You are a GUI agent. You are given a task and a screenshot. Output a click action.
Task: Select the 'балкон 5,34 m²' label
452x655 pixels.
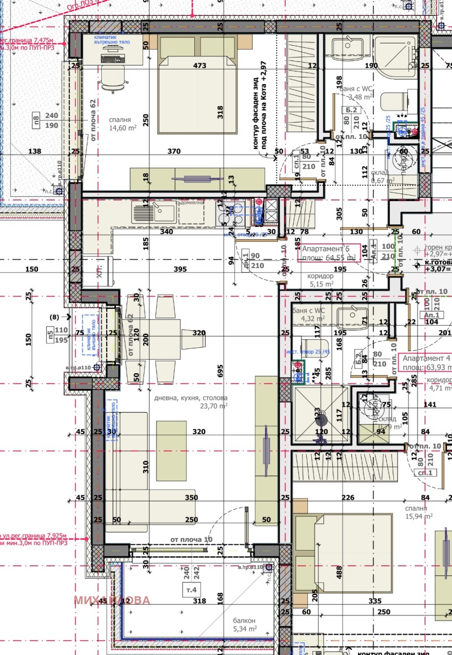tap(245, 624)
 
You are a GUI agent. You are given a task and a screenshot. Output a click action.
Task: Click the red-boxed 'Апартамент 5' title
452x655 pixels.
tap(328, 253)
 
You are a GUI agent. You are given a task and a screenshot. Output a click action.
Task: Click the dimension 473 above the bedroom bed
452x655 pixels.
tap(199, 65)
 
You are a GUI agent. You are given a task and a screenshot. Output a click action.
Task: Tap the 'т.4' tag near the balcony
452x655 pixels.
tap(192, 591)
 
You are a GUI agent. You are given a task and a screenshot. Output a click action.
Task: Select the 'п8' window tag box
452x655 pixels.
tap(36, 120)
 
